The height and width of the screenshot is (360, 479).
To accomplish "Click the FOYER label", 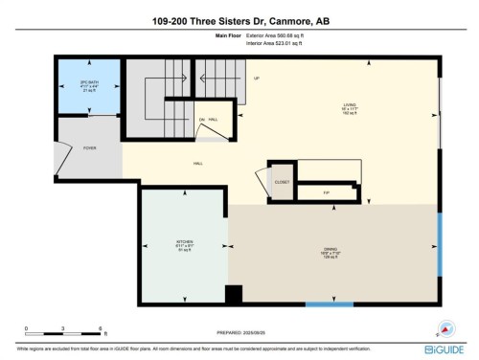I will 89,148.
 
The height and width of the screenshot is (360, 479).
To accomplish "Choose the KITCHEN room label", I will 184,243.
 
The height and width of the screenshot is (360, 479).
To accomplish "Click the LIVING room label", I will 352,108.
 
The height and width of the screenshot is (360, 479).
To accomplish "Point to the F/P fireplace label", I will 326,192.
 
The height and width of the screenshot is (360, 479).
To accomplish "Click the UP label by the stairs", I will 256,79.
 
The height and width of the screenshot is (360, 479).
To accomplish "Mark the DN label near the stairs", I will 202,119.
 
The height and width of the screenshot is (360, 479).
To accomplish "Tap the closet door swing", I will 261,182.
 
